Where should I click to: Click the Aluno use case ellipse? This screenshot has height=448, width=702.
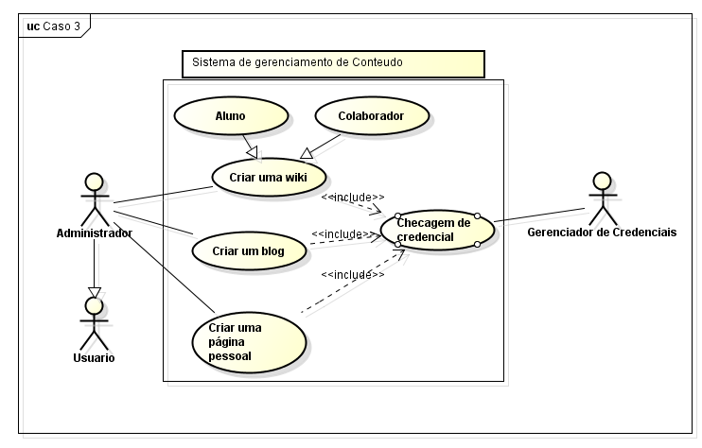point(230,116)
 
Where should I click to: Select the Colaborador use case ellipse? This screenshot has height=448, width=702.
point(372,116)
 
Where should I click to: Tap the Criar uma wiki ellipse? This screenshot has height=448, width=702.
point(268,177)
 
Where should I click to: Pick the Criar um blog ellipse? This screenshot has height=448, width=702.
point(249,250)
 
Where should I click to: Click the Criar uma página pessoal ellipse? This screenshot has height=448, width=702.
point(249,339)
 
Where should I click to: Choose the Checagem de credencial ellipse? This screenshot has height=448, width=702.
point(438,229)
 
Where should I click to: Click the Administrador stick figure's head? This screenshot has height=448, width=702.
point(93,181)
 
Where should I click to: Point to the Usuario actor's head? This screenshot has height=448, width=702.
point(93,304)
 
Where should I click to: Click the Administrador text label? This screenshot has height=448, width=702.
point(94,233)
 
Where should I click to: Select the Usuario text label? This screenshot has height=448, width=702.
point(94,357)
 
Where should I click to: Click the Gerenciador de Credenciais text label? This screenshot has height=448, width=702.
point(602,233)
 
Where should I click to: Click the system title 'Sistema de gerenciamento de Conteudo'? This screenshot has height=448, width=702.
point(297,63)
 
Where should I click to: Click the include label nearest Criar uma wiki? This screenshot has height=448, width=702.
point(352,197)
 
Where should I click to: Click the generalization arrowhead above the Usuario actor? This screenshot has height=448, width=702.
point(93,290)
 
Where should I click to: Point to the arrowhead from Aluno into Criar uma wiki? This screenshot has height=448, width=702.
point(253,153)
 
